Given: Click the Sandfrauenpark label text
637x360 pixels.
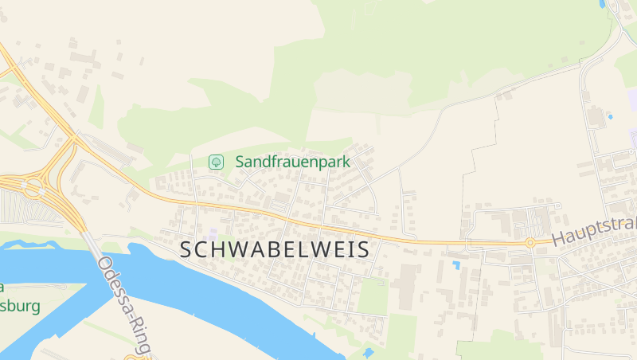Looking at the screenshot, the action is coord(293,162).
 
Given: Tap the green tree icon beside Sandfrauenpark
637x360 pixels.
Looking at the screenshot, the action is coord(215,162).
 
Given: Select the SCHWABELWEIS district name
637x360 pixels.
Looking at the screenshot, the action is coord(275,249).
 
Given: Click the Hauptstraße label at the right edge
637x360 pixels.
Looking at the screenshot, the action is coord(593,233).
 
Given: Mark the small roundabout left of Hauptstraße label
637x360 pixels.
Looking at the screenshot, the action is coord(530,242).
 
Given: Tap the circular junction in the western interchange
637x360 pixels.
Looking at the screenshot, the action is coord(33,189).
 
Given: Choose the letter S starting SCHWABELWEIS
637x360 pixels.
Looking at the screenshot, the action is coord(186,249).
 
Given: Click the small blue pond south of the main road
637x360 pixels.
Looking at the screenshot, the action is coord(456,264).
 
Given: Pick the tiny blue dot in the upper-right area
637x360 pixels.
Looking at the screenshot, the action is coord(611,117).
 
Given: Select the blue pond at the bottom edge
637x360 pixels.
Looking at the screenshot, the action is coord(367,352).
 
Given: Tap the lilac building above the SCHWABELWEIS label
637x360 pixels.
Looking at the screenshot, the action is coord(213,233).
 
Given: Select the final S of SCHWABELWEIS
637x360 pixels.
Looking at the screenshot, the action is coord(363,249).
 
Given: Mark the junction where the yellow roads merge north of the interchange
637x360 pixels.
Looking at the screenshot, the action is coord(72,139).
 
